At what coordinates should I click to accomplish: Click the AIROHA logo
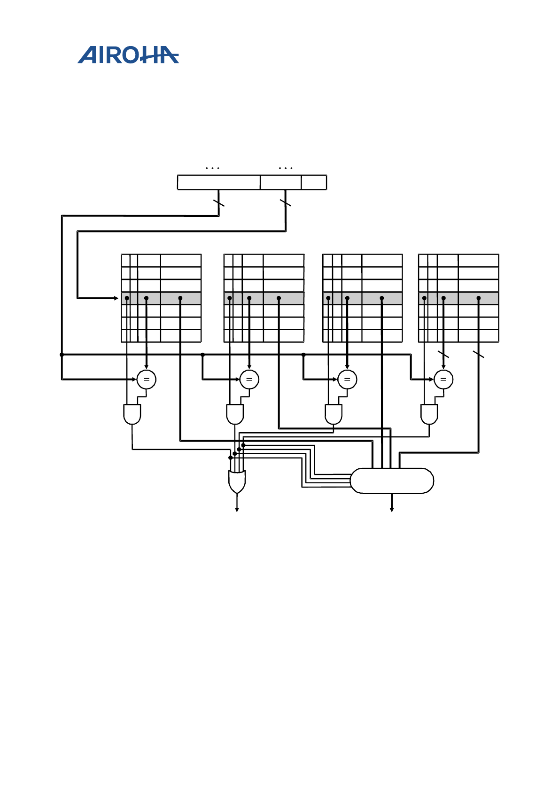128,55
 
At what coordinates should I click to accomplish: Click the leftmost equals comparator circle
146,380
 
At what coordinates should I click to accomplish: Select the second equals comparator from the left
249,380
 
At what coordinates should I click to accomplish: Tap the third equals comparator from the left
347,380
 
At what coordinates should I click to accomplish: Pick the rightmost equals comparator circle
443,380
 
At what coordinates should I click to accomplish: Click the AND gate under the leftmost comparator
132,414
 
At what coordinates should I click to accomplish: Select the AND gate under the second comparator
235,414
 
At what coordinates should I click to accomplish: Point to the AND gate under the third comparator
334,414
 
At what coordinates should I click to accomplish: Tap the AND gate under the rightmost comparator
429,414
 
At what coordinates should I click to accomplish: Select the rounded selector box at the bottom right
392,481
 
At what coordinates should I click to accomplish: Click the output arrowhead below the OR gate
237,510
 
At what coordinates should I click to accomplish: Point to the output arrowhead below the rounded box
392,510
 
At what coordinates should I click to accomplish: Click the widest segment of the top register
218,182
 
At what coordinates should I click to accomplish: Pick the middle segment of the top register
280,182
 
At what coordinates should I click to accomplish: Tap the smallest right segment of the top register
314,182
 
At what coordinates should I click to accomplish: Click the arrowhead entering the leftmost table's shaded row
116,298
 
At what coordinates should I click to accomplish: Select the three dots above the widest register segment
212,168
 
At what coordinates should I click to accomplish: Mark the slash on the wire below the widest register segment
218,203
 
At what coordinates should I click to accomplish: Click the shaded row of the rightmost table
458,298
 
